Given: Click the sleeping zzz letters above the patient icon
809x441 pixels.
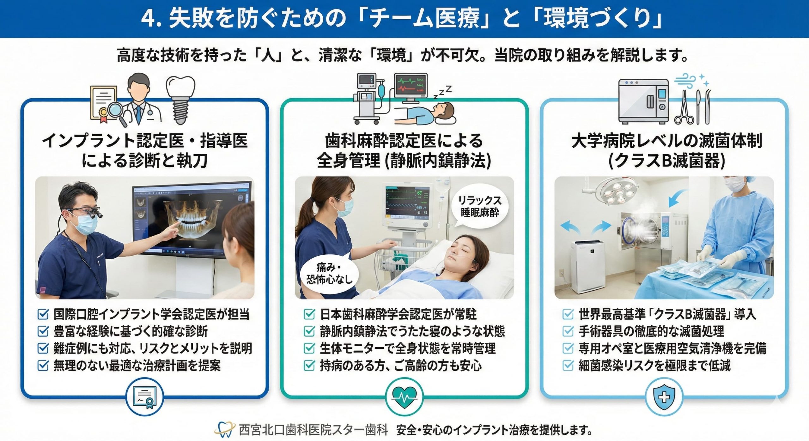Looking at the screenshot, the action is pos(442,92).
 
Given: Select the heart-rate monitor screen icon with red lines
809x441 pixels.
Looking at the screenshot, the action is pos(411,88).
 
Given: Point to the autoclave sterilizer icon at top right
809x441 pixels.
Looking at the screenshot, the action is pos(643,101).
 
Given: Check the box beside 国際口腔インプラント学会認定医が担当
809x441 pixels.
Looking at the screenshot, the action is pos(43,314).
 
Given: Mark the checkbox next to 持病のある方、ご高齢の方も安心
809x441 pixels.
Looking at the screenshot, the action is pos(309,365).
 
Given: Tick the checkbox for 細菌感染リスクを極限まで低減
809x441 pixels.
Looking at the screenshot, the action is pos(568,365).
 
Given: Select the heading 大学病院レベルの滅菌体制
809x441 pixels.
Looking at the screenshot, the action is pos(667,141).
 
